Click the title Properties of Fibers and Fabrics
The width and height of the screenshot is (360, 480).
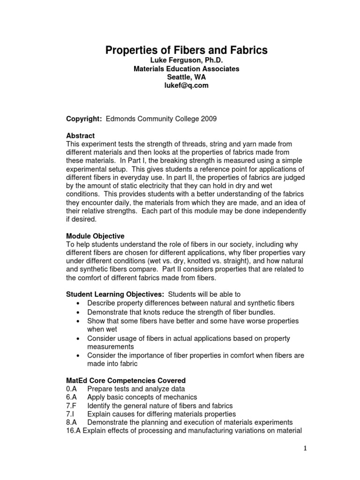pos(186,50)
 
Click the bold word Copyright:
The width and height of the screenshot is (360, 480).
pos(84,120)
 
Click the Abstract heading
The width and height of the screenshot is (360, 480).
pos(81,136)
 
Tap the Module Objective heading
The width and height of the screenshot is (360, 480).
pos(96,236)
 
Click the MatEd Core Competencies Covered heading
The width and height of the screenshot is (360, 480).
pos(126,381)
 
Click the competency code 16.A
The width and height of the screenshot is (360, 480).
pos(74,431)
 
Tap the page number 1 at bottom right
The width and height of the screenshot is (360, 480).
pos(304,449)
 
